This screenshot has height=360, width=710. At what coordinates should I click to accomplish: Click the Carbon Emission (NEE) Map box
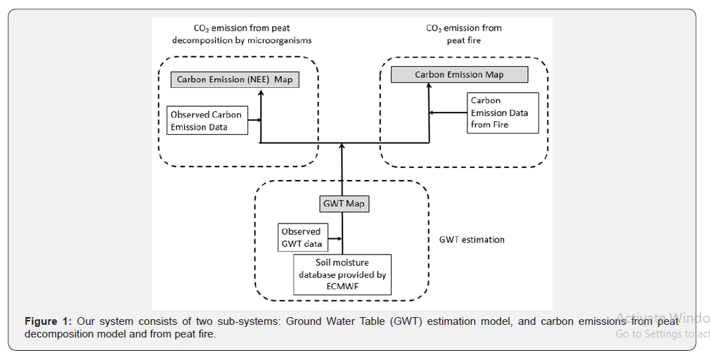[x=235, y=79]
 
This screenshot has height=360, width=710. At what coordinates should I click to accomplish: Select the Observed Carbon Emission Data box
[x=207, y=121]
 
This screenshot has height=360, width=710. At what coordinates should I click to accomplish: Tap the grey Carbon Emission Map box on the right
[x=458, y=75]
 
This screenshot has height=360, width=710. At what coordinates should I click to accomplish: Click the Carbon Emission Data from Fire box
[x=503, y=112]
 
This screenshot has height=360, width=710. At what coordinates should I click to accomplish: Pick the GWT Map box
[x=344, y=204]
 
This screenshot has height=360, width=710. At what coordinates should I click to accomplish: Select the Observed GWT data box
[x=302, y=238]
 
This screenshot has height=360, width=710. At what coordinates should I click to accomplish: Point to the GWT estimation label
[x=472, y=240]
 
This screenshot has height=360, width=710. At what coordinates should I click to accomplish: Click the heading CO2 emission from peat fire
[x=463, y=34]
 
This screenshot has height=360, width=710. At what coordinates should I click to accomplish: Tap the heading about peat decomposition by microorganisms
[x=242, y=34]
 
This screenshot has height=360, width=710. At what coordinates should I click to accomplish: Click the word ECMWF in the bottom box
[x=342, y=286]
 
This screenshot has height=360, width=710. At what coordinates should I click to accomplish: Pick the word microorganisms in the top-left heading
[x=280, y=40]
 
